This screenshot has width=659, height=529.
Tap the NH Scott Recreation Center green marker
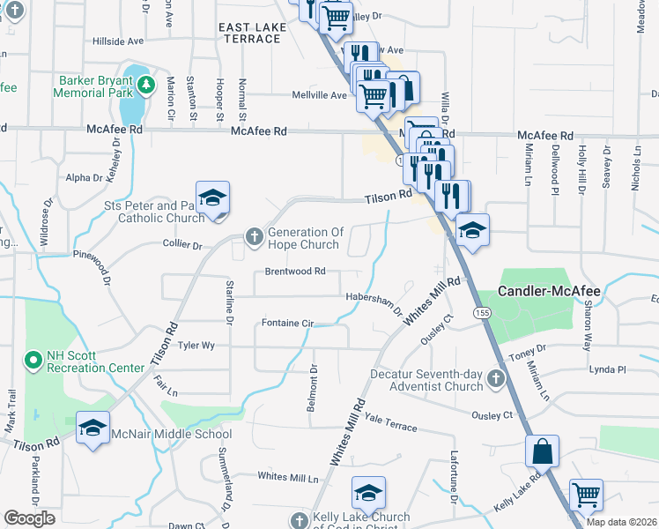(33, 360)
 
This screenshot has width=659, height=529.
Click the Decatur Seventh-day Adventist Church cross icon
(495, 380)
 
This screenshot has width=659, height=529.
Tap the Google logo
(29, 518)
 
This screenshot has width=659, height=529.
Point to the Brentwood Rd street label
(296, 272)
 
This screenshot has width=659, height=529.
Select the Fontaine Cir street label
(287, 324)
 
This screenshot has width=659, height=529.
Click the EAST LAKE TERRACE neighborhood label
(254, 34)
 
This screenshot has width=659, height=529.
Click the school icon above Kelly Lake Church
(369, 492)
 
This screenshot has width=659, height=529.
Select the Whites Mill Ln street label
(288, 476)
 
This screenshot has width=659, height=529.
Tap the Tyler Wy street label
(196, 346)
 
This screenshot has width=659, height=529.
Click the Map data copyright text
(621, 522)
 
